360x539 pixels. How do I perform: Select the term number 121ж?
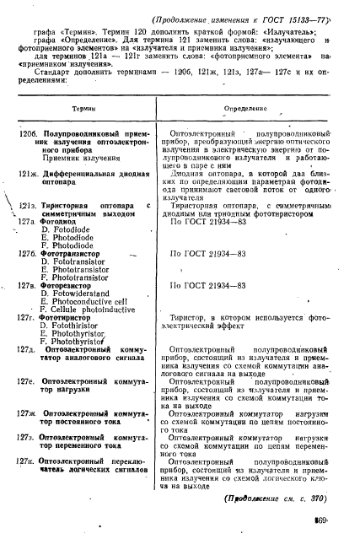pos(30,173)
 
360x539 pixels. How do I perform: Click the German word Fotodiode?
pos(67,230)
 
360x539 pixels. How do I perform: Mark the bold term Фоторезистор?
pos(67,286)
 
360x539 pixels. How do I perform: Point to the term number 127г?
pos(28,319)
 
